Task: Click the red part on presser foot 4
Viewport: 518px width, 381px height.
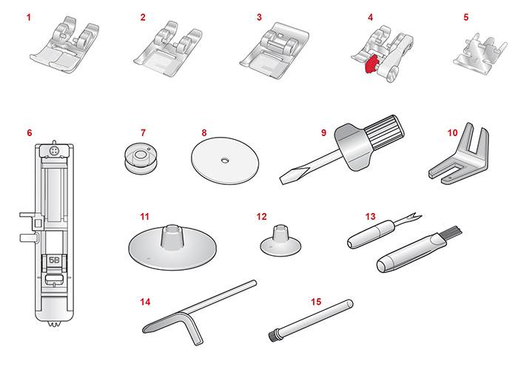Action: click(371, 64)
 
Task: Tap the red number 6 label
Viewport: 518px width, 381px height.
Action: click(30, 132)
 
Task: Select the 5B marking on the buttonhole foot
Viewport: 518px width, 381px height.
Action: click(54, 260)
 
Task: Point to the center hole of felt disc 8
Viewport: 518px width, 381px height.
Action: click(225, 160)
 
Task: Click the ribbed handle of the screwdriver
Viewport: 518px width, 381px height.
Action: click(386, 132)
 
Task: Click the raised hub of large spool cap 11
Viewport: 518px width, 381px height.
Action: click(172, 236)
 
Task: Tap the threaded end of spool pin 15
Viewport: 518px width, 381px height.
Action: click(273, 337)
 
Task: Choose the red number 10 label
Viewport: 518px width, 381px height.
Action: click(452, 132)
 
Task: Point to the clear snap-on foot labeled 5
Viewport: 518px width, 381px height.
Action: click(480, 53)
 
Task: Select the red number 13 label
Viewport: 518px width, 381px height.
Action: click(370, 217)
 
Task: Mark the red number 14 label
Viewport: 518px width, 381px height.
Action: click(145, 302)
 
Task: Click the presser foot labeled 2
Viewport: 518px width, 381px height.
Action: click(168, 49)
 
